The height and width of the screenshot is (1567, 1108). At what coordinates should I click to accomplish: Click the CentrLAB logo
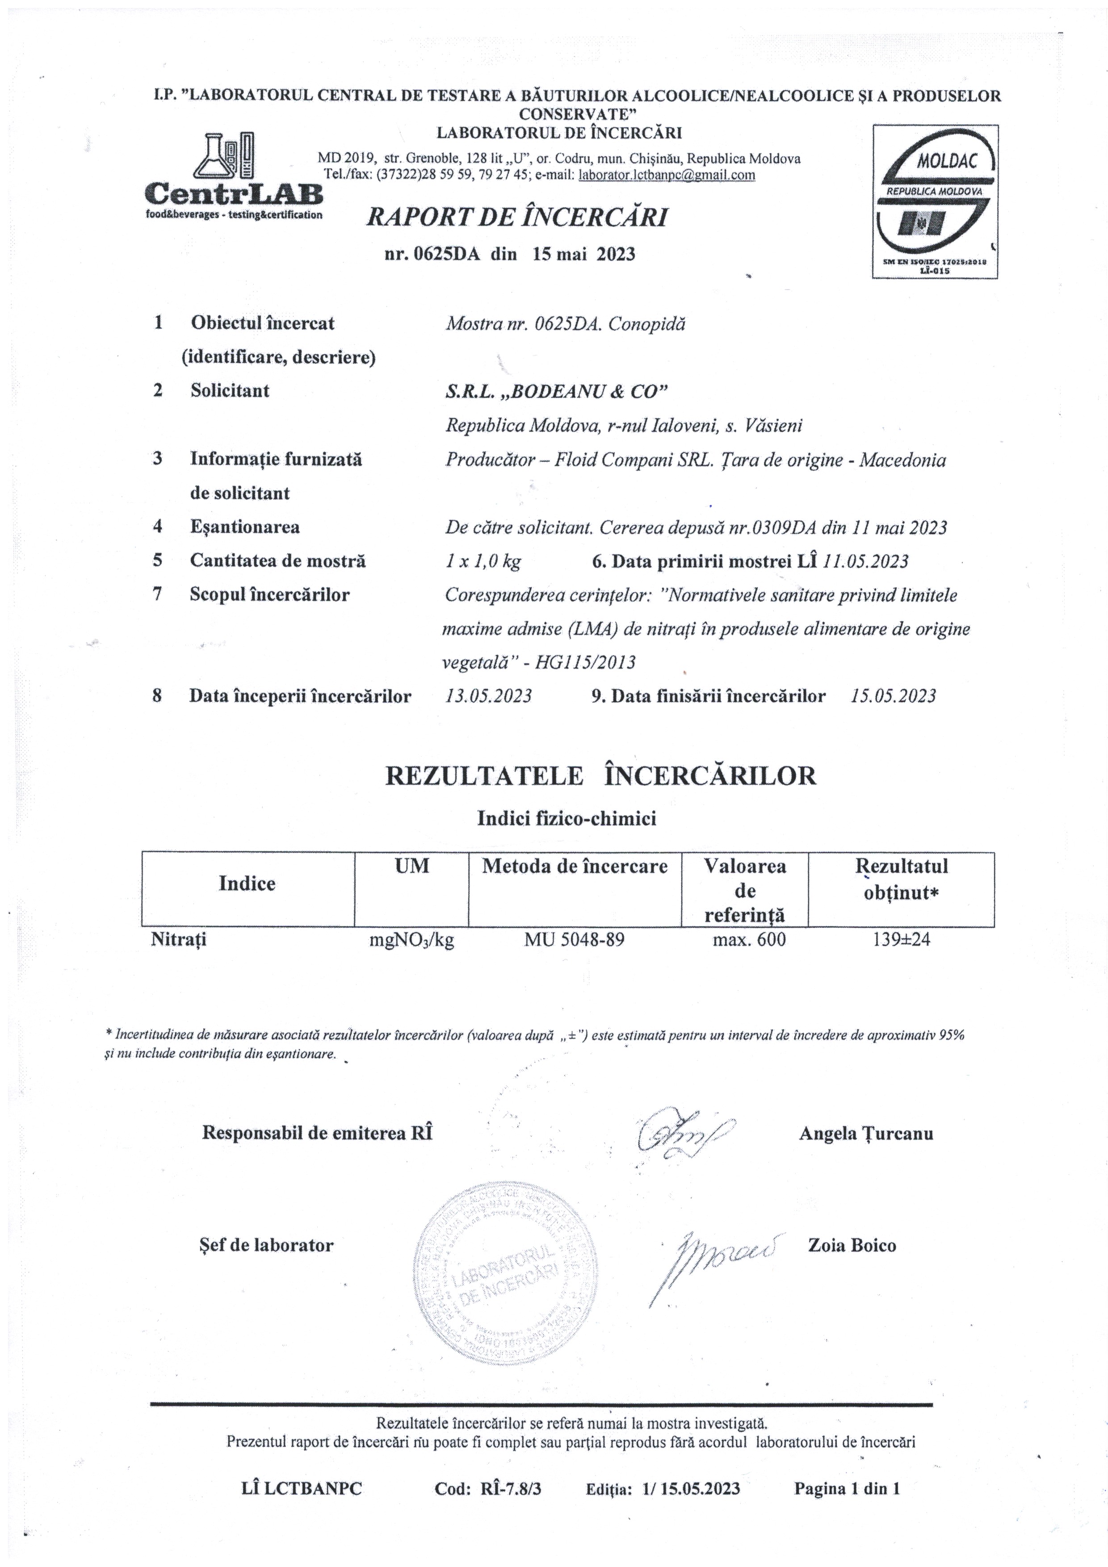click(234, 176)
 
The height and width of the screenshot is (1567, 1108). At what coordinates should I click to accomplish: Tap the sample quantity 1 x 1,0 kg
click(483, 561)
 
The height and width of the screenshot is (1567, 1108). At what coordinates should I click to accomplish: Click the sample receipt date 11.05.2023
click(866, 561)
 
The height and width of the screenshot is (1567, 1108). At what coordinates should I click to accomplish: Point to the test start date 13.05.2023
click(488, 696)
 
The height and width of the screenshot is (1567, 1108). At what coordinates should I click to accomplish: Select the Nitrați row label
click(179, 940)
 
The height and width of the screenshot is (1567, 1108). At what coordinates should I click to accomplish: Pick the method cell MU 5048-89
click(574, 940)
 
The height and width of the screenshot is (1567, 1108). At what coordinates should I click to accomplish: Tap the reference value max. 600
click(749, 940)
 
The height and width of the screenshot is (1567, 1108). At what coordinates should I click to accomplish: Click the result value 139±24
click(901, 940)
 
